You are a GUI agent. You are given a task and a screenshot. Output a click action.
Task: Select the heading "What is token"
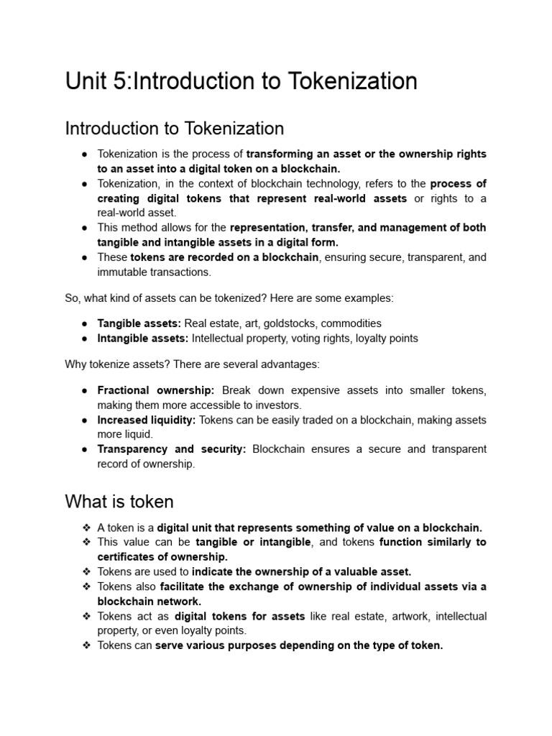[x=119, y=500]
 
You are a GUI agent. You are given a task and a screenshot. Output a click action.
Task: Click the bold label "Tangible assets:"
[x=139, y=323]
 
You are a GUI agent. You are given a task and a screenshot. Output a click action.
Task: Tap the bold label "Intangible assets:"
[x=143, y=338]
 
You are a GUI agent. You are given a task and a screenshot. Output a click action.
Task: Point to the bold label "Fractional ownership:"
[x=156, y=390]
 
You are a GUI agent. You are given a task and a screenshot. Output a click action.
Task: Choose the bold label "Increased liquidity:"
[x=147, y=420]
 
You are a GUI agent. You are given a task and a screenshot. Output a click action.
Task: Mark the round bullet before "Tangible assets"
[x=85, y=323]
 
